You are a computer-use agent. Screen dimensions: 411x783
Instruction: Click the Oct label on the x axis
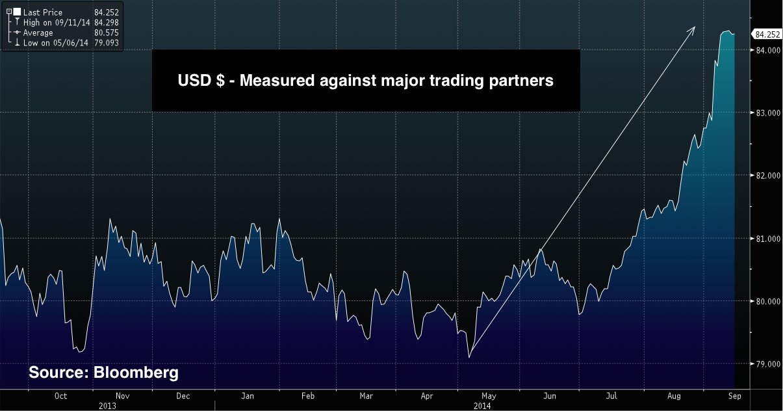coord(60,395)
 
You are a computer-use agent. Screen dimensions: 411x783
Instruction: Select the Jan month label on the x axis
coord(248,395)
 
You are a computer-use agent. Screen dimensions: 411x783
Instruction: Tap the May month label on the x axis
coord(489,395)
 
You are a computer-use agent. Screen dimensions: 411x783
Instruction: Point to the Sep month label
coord(734,395)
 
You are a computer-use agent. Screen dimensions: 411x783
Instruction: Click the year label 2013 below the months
coord(107,405)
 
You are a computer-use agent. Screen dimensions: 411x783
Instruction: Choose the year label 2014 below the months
coord(481,405)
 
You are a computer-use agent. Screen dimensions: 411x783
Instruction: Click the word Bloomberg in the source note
coord(136,373)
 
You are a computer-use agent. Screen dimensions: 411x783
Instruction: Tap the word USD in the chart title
coord(193,81)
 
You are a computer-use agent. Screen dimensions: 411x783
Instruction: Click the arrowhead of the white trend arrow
coord(693,29)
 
